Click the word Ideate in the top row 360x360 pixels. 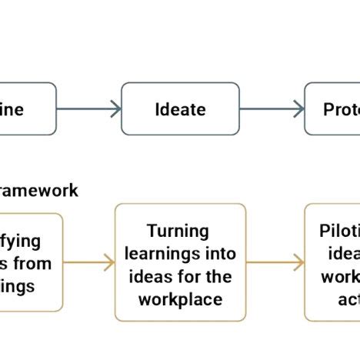point(180,109)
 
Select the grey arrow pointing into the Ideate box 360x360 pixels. point(88,109)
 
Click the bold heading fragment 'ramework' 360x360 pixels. point(38,190)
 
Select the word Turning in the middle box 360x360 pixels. point(178,232)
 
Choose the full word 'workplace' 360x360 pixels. point(180,299)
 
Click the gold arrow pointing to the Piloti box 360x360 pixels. point(275,263)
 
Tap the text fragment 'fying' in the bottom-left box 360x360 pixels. point(21,241)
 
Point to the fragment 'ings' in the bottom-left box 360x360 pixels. point(18,286)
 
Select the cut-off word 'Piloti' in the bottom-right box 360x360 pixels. point(339,232)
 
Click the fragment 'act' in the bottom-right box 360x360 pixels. point(348,299)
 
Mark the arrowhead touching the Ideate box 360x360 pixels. point(115,109)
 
